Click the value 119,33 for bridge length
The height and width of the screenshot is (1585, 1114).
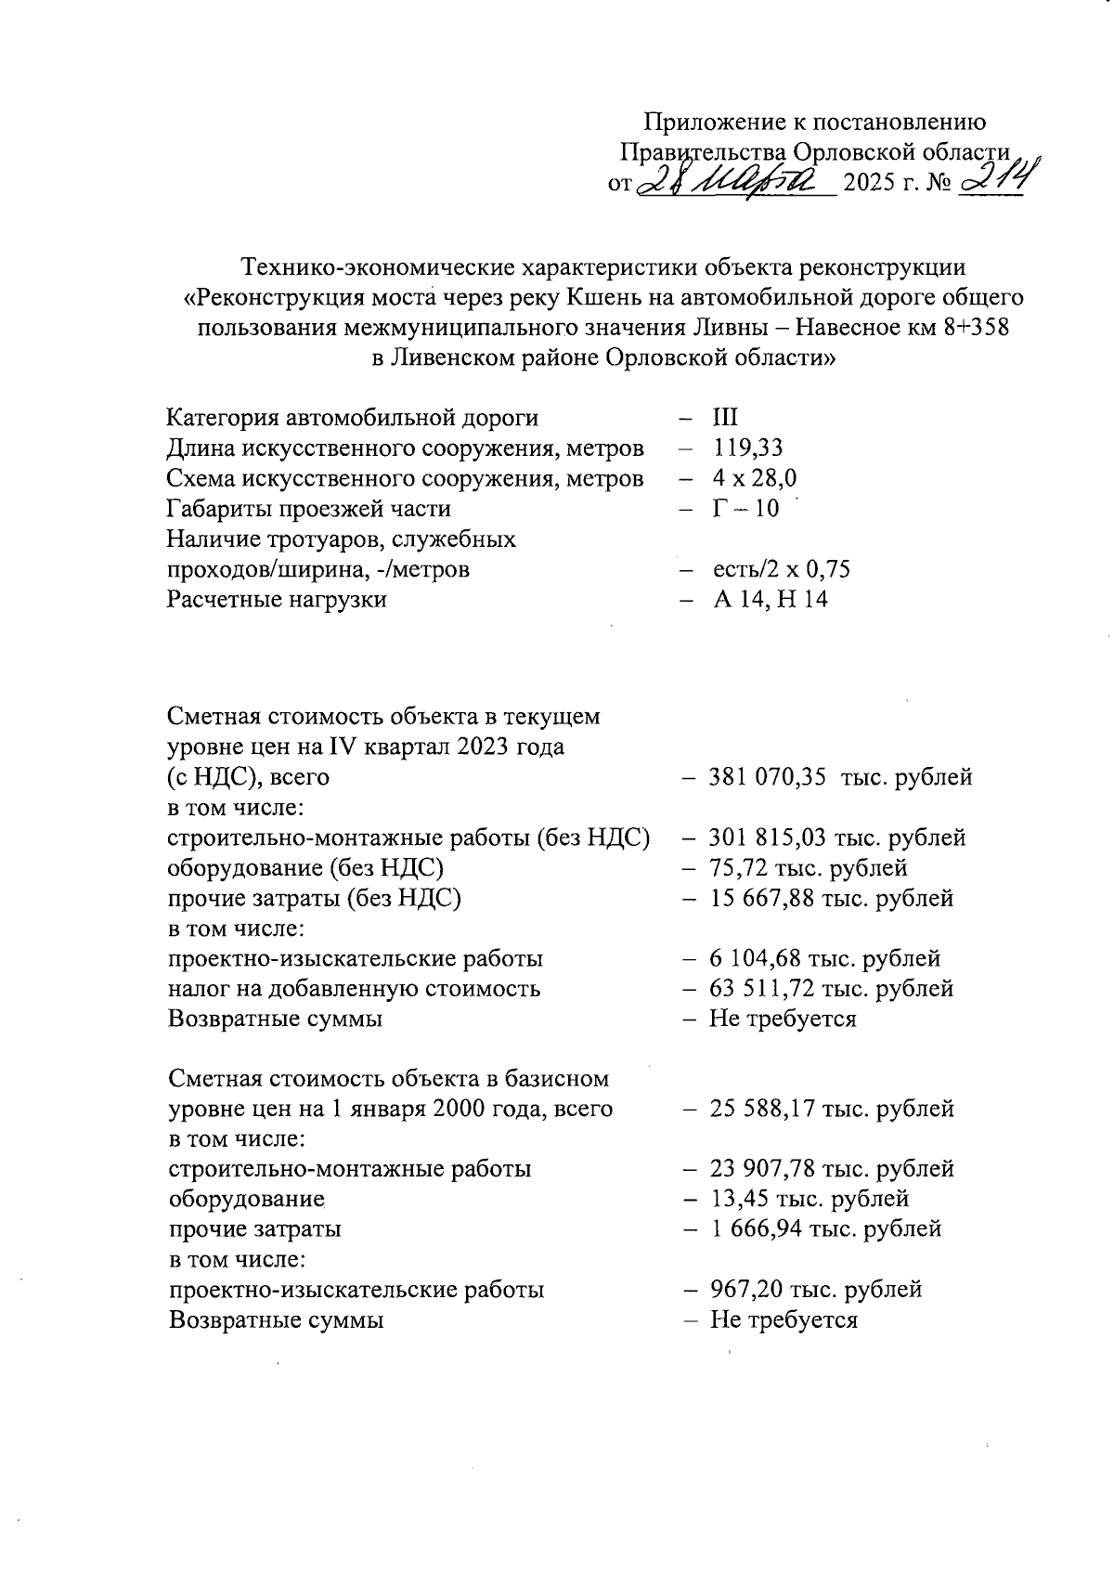[748, 448]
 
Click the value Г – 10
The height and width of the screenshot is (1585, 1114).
[745, 509]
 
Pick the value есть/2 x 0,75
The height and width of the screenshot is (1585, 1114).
[781, 569]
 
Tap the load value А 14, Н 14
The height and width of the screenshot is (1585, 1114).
[770, 599]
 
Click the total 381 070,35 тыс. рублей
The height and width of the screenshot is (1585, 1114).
[840, 777]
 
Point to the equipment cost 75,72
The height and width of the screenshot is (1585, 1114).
[739, 868]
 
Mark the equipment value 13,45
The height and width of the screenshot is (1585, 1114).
[739, 1199]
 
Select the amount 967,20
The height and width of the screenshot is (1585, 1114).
[746, 1290]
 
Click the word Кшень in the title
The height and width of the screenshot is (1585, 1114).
[605, 298]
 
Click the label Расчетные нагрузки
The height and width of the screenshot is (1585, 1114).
[277, 599]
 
